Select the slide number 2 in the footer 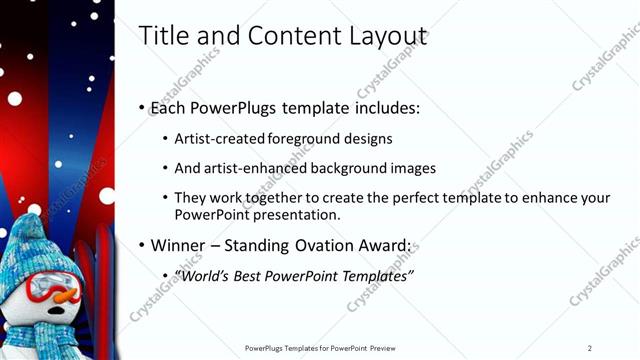(x=590, y=348)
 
